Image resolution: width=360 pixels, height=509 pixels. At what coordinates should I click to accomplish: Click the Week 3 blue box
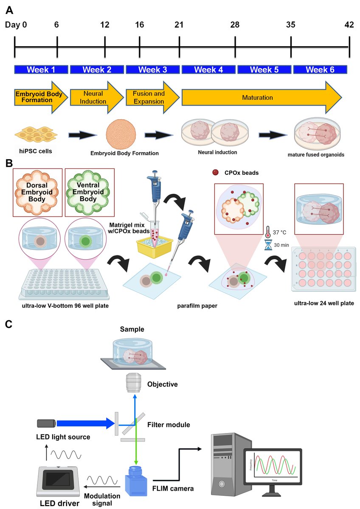click(152, 70)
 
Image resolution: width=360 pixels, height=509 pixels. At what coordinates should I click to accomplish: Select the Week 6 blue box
click(320, 70)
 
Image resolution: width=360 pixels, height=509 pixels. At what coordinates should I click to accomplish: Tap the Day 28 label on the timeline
click(235, 25)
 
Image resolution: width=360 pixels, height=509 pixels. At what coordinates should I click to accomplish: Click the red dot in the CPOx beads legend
click(216, 173)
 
